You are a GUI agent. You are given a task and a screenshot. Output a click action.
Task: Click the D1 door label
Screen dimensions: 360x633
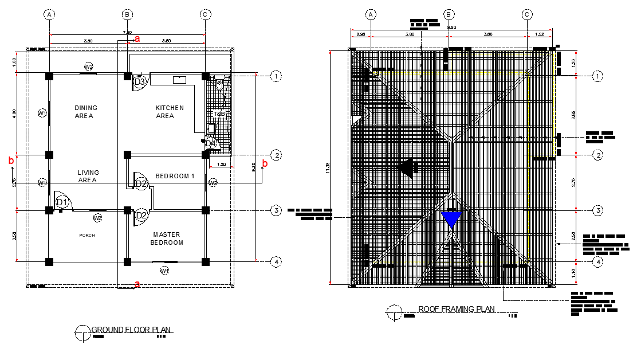[62, 202]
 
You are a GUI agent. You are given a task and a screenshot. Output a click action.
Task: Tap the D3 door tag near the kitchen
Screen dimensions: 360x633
[140, 82]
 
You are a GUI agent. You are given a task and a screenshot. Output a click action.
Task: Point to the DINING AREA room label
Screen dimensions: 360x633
[86, 112]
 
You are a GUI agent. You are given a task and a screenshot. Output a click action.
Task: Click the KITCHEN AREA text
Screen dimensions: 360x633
[170, 112]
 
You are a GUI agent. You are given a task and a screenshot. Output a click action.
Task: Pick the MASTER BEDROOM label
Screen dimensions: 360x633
[167, 238]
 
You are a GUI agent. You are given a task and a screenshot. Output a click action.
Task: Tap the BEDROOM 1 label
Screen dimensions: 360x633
[176, 175]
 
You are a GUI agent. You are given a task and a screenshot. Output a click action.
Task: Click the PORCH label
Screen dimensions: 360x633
[87, 236]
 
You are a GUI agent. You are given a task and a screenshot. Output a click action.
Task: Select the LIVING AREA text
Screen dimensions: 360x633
[88, 176]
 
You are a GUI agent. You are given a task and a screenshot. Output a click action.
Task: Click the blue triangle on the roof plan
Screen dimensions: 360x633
[451, 219]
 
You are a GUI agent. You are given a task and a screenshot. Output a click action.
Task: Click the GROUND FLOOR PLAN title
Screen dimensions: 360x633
[132, 330]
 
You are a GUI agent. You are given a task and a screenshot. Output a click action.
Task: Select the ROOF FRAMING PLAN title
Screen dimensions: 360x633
[456, 309]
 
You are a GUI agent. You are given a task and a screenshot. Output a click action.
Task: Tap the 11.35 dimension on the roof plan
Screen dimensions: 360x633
[327, 167]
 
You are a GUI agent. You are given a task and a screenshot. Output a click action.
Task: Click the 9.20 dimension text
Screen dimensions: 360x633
[254, 167]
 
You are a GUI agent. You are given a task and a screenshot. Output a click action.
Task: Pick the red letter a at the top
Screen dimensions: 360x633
[137, 38]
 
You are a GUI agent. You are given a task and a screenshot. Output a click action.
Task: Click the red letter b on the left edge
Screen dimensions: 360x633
[11, 161]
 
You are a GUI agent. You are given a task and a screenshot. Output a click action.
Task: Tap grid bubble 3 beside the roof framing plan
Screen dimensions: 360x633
[597, 210]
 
